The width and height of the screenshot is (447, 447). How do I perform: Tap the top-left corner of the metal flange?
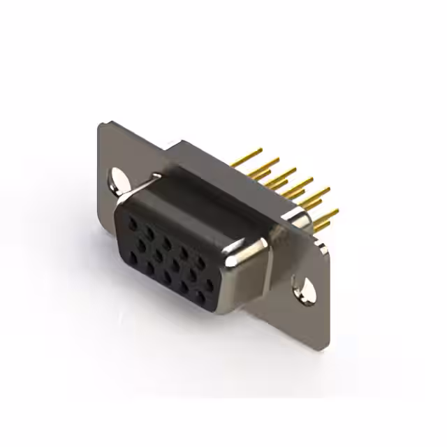100,124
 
